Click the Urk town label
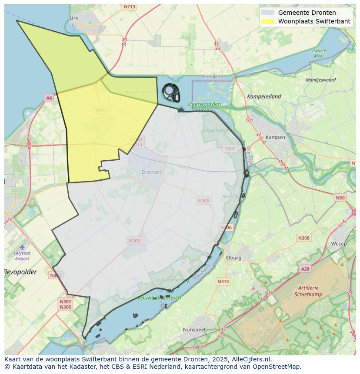[73, 18]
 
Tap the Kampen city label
[275, 137]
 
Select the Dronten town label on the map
[151, 172]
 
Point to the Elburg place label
[233, 258]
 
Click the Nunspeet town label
[194, 330]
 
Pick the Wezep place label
[339, 244]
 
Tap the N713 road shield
[129, 7]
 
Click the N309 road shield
[203, 201]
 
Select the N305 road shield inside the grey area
[135, 241]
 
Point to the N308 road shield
[304, 238]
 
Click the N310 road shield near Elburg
[223, 281]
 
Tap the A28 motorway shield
[306, 269]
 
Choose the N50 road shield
[340, 198]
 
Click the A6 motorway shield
[49, 98]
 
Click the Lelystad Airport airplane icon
[22, 247]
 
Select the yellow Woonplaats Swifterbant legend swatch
[268, 21]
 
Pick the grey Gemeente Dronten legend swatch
[268, 13]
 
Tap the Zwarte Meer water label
[319, 53]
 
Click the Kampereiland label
[264, 96]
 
